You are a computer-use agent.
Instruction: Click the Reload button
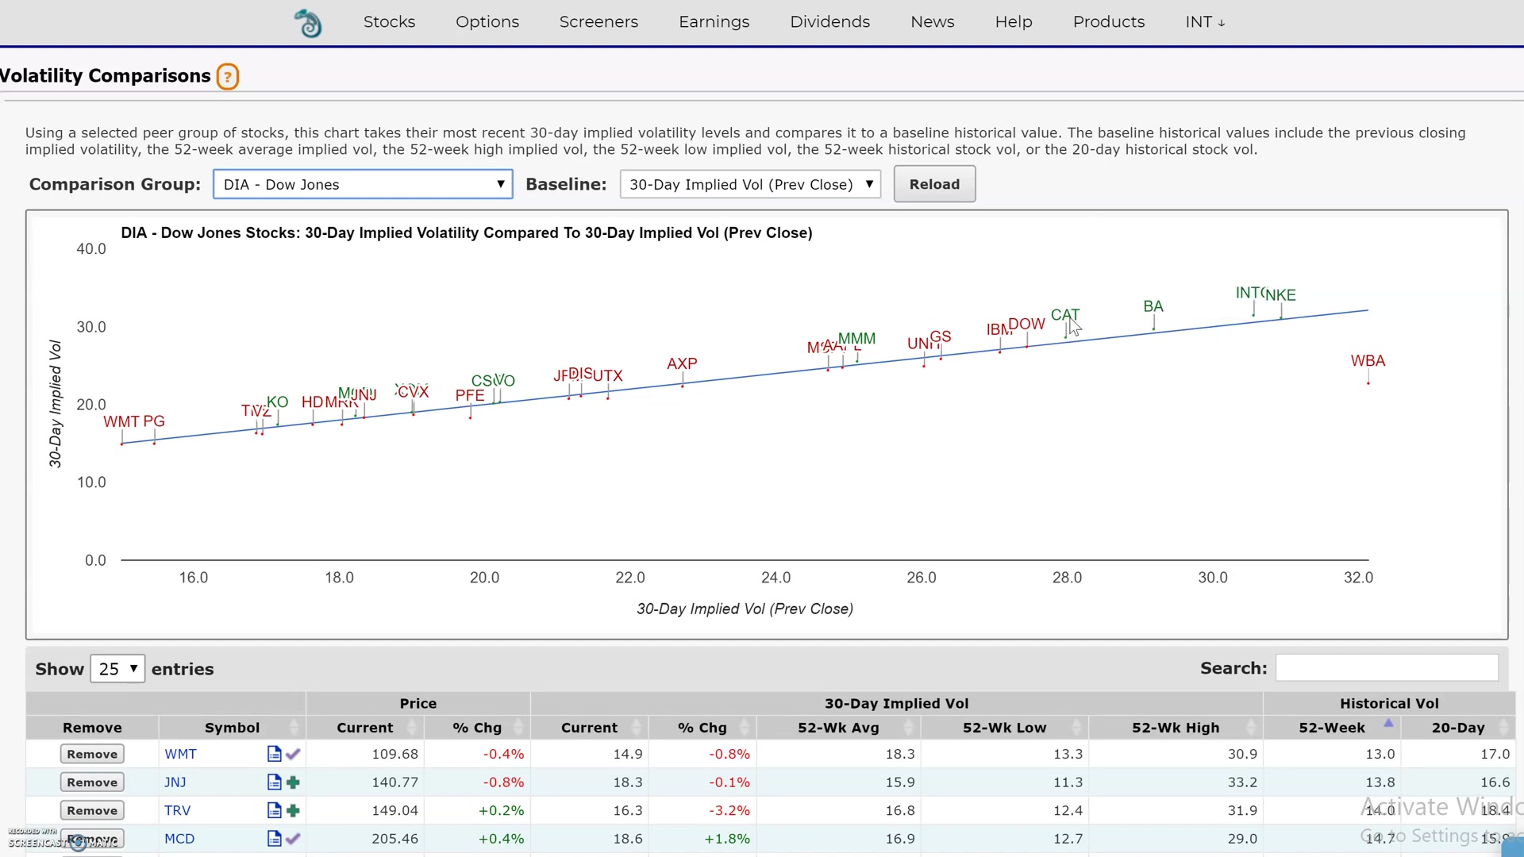point(934,184)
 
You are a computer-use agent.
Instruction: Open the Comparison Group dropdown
point(363,184)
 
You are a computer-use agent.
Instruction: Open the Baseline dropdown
point(750,184)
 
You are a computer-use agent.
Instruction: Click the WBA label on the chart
point(1368,361)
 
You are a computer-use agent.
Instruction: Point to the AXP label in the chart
point(682,363)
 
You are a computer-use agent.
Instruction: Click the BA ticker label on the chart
point(1153,306)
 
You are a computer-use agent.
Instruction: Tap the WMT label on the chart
point(121,421)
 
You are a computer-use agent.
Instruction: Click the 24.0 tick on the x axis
point(775,578)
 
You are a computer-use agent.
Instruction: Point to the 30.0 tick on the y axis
point(91,327)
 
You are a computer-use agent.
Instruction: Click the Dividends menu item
point(829,22)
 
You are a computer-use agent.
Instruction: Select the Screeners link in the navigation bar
point(598,22)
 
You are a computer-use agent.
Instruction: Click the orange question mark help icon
point(228,76)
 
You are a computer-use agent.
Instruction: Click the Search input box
point(1386,668)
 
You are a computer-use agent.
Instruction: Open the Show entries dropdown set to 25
point(117,669)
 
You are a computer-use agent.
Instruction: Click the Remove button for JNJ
point(92,782)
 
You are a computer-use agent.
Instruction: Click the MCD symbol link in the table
point(179,839)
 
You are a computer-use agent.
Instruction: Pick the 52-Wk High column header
point(1175,728)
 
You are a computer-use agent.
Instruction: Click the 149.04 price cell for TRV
point(394,810)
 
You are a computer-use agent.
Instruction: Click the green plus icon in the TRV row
point(293,810)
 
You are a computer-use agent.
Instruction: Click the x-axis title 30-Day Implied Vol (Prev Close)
point(745,609)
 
